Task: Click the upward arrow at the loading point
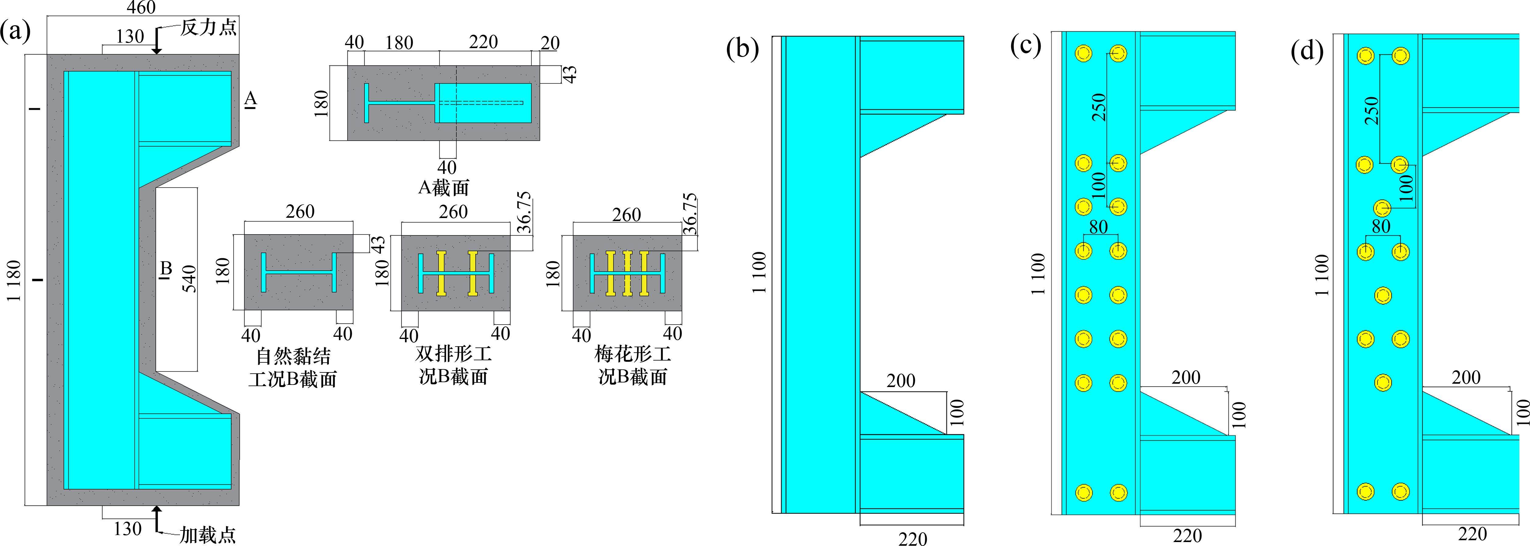(157, 518)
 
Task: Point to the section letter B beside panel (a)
(166, 269)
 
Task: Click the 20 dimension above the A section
(550, 43)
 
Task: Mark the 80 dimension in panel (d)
(1381, 226)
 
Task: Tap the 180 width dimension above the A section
(399, 43)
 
